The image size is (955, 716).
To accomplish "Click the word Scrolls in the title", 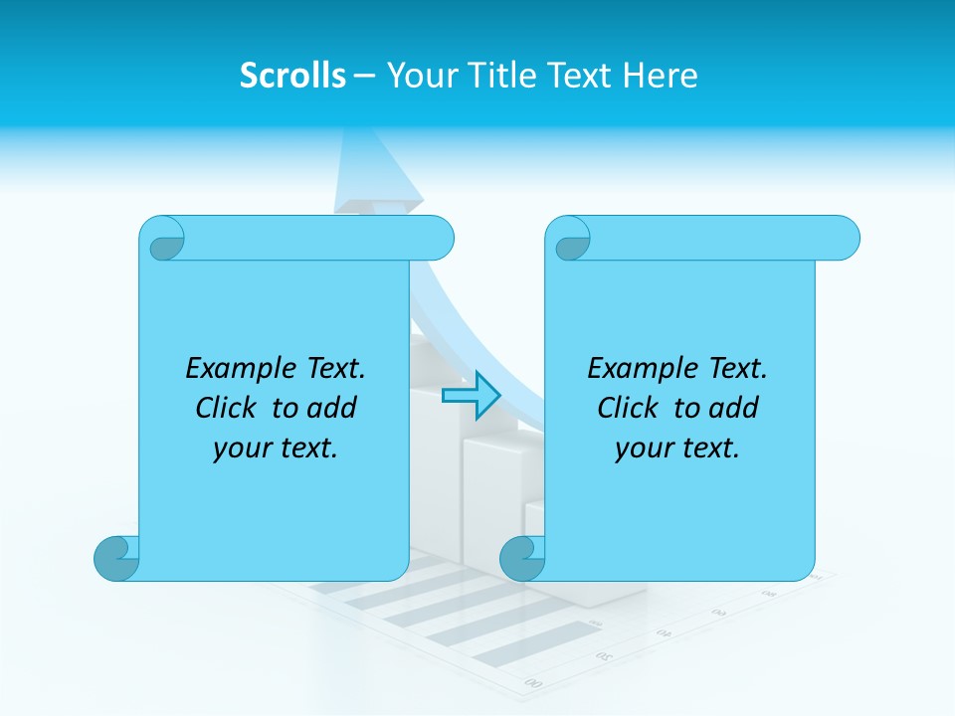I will point(292,76).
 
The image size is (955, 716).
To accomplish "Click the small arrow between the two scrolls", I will point(471,396).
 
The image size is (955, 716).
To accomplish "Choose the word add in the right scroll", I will point(735,408).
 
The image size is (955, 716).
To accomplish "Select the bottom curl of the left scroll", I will point(116,558).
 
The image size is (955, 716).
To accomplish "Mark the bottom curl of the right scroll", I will point(522,558).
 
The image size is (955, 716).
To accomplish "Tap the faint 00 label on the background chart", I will point(533,682).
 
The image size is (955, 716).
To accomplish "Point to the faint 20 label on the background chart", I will point(602,656).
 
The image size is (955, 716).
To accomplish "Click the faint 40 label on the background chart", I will point(664,632).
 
